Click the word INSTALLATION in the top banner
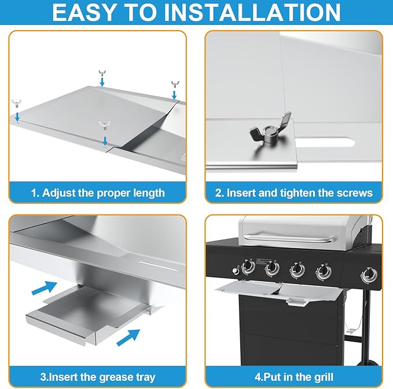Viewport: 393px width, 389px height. coord(252,12)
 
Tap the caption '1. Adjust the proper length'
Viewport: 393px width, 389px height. coord(98,192)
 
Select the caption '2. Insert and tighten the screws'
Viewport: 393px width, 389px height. coord(294,192)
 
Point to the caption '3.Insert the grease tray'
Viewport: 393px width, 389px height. coord(98,377)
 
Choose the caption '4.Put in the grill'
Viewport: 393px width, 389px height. coord(294,377)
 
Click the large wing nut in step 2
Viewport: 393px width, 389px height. coord(270,130)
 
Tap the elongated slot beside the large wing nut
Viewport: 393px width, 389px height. coord(325,142)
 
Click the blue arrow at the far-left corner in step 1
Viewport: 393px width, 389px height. coord(17,117)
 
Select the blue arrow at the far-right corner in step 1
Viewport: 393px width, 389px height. coord(174,95)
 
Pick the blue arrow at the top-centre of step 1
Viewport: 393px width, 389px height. coord(102,82)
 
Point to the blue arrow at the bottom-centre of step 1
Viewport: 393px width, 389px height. coord(105,141)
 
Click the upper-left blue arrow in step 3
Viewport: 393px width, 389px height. coord(45,288)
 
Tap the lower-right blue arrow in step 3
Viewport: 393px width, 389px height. coord(128,337)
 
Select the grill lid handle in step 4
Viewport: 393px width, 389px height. coord(290,238)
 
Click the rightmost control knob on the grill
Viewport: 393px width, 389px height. coord(369,275)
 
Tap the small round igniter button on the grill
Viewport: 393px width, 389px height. coord(235,271)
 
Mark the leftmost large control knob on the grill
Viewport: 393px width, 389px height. coord(248,267)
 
